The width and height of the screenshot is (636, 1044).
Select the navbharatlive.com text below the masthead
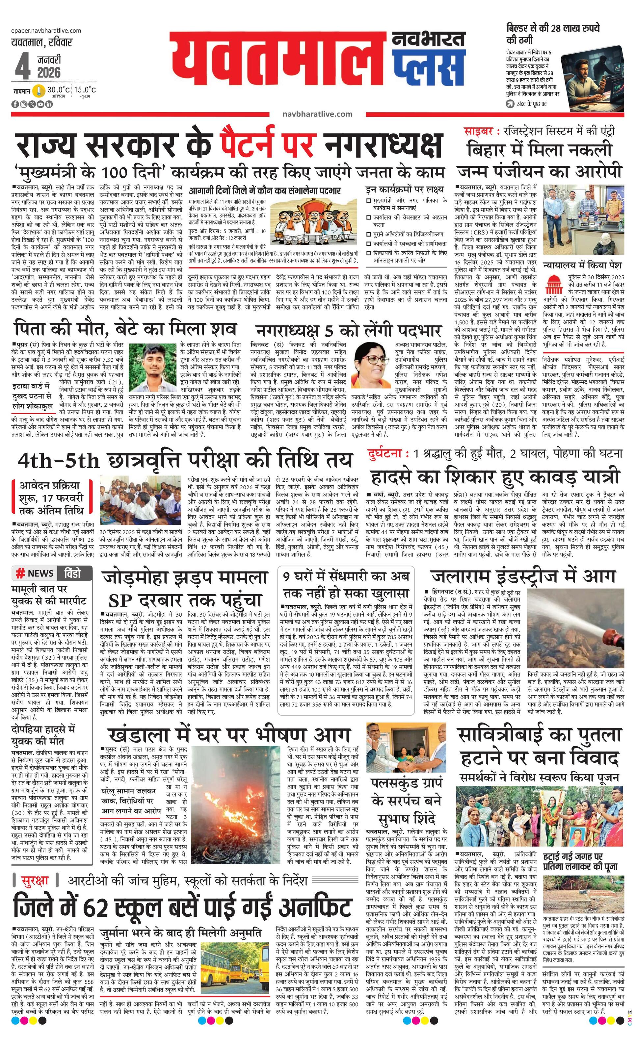(x=317, y=114)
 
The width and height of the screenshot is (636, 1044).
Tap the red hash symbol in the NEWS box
(x=20, y=574)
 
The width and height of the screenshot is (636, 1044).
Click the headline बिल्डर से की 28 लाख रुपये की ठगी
(x=553, y=34)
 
